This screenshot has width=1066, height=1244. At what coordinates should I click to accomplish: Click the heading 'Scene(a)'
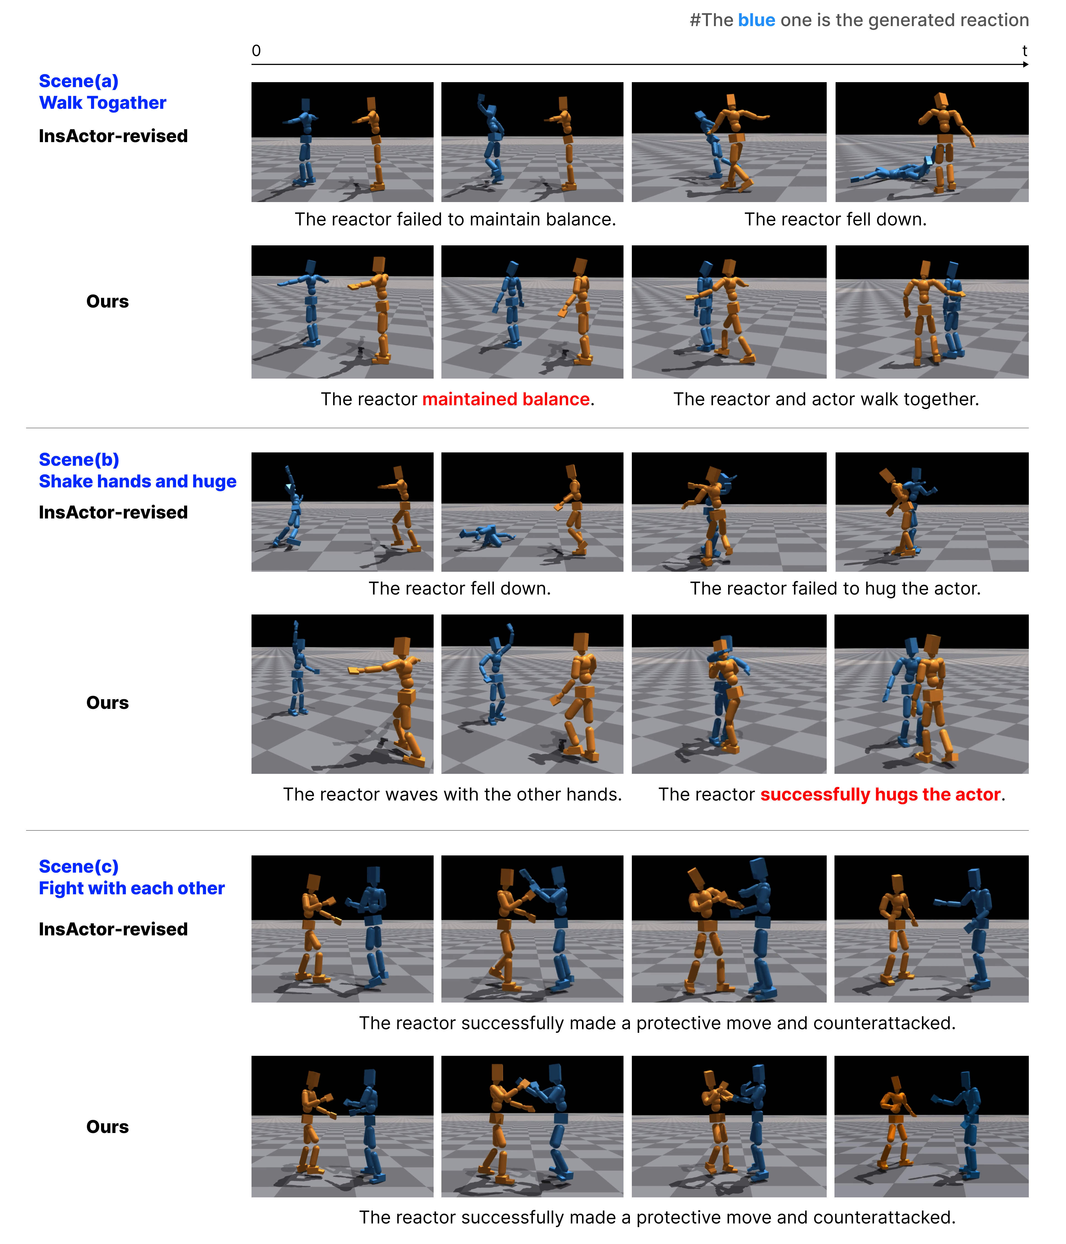(x=79, y=81)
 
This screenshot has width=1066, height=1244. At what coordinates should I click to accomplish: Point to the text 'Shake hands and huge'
(x=137, y=482)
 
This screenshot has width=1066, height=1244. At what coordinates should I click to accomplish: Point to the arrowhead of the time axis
(x=1026, y=64)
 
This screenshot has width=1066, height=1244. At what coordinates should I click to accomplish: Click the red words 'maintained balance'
(x=506, y=399)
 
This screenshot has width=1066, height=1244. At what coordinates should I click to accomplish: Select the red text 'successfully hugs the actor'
(x=881, y=794)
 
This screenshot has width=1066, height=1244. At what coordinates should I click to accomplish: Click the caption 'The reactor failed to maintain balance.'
(x=455, y=219)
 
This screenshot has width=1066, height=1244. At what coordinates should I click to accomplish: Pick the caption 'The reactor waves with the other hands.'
(x=452, y=794)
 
